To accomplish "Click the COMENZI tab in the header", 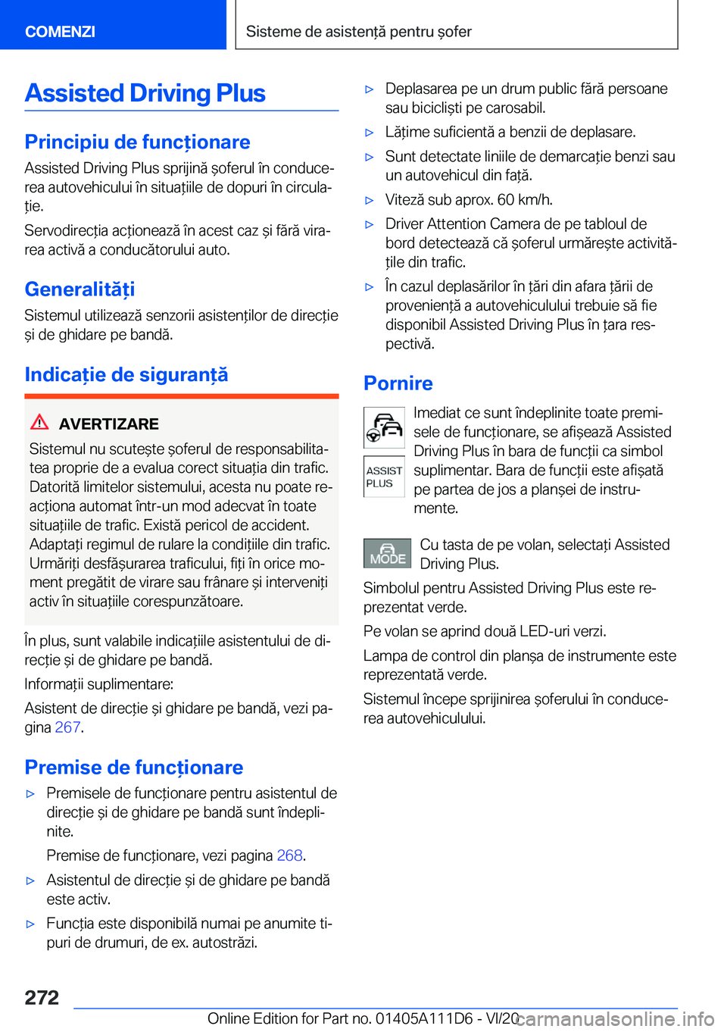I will (60, 31).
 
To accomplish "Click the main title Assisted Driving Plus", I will (145, 93).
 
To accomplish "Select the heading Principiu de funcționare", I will (137, 142).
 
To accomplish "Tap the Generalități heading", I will (80, 289).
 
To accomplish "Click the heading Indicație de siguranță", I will (126, 374).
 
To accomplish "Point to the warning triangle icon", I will (39, 423).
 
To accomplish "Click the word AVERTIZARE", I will (108, 424).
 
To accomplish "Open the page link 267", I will (67, 727).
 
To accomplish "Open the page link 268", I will (289, 855).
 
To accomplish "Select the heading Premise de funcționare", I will (133, 767).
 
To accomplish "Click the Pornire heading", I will (398, 383).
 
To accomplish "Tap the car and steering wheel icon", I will (384, 427).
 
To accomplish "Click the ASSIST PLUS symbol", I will (384, 477).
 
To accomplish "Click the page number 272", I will (42, 997).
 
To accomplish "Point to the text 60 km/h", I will (524, 199).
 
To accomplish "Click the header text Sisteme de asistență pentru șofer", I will (358, 31).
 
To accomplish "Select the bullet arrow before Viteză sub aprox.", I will (370, 200).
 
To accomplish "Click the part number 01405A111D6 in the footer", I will (424, 1018).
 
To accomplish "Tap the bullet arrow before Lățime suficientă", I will (370, 133).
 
